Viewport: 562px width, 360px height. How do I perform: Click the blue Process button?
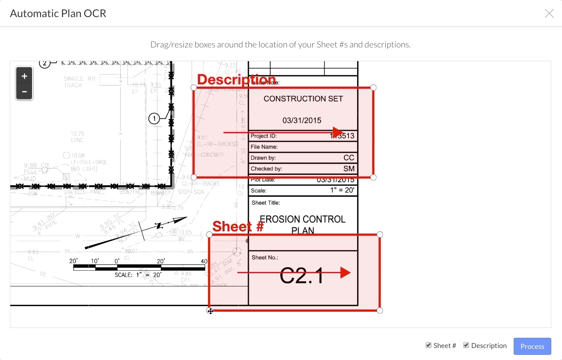pos(532,346)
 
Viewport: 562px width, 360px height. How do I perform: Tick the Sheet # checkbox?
pos(429,345)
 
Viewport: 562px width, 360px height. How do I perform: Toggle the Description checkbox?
pos(466,345)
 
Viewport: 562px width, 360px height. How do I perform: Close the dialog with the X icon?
pos(549,14)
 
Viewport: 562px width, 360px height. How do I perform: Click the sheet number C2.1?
pos(302,276)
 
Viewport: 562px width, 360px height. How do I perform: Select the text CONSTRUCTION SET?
pos(303,99)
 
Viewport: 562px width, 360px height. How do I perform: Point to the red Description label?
pos(237,80)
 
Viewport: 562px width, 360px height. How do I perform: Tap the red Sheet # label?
pos(238,227)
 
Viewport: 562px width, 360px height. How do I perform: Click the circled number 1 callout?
pos(154,118)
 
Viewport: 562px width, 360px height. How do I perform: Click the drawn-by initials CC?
pos(349,158)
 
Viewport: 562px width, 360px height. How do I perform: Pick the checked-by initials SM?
pos(349,169)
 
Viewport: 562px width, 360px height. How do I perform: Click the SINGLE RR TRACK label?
pos(80,82)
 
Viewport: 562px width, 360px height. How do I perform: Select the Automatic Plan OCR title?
pos(58,14)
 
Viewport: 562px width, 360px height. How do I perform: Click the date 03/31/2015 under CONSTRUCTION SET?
pos(302,121)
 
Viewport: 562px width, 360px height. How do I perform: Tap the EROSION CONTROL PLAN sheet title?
pos(303,224)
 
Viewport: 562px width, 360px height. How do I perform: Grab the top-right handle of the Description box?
pos(373,88)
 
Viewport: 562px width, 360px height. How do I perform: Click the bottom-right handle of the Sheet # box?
pos(380,310)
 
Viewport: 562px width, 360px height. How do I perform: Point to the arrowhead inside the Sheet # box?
pos(345,273)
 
